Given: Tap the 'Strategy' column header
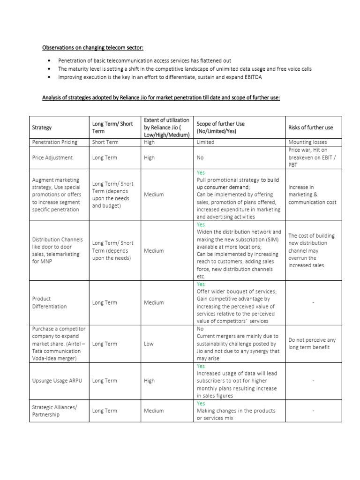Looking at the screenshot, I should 42,127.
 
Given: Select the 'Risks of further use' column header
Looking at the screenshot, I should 310,127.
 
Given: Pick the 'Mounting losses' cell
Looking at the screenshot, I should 308,142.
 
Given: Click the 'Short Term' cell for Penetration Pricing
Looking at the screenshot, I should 105,142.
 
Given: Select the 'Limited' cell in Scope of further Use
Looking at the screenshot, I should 205,142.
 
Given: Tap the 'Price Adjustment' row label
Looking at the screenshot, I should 52,157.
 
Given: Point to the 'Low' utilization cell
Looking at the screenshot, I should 149,344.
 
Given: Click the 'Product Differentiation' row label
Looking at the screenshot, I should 49,302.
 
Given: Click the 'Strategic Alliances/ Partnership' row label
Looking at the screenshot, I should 54,411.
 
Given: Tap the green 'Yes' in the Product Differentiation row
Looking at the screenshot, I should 201,284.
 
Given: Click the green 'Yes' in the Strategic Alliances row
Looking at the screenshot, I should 201,403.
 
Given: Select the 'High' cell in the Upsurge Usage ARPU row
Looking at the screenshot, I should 149,381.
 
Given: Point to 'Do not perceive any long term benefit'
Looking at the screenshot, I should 312,344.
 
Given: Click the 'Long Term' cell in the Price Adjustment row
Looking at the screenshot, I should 105,157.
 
